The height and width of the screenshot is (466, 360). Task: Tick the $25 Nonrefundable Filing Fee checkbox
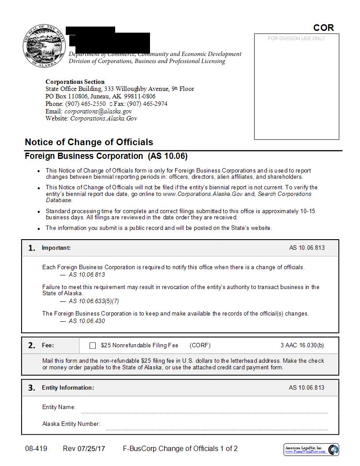pos(93,346)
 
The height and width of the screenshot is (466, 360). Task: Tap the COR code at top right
pos(323,28)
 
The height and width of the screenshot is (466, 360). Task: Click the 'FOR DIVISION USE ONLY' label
pos(296,39)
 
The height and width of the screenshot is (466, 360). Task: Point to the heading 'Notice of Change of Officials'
pos(89,142)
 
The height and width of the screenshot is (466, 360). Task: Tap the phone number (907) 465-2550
pos(85,104)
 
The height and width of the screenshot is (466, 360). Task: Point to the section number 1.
pos(31,248)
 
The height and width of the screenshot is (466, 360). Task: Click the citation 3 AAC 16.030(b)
pos(302,346)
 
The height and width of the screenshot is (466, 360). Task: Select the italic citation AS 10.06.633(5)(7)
pos(94,301)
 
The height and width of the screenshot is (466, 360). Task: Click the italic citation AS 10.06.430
pos(87,321)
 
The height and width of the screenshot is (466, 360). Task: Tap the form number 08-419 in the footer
pos(36,449)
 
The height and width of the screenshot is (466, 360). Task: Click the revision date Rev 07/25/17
pos(84,449)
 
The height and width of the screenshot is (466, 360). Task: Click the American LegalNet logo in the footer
pos(311,450)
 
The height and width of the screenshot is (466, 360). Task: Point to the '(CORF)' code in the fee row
pos(200,346)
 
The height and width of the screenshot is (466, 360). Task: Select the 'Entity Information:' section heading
pos(68,387)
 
